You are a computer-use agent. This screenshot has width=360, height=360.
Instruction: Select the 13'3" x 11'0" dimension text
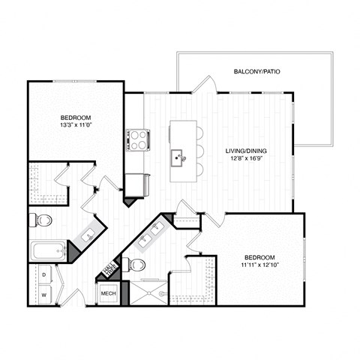coord(76,126)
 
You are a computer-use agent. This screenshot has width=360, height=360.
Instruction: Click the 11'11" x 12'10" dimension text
coord(258,264)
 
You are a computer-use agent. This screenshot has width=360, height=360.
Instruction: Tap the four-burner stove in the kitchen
coord(138,139)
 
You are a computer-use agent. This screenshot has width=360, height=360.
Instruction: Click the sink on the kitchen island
coord(178,157)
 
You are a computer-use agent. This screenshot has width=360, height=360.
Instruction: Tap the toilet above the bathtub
coord(42,220)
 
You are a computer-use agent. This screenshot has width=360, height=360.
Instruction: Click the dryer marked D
coord(43,275)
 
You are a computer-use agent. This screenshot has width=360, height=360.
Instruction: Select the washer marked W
coord(43,295)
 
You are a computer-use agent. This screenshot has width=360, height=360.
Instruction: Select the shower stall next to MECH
coord(149,292)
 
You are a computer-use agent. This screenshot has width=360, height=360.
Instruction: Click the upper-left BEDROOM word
coord(76,118)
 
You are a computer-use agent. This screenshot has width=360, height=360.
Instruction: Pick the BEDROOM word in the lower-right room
coord(258,256)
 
